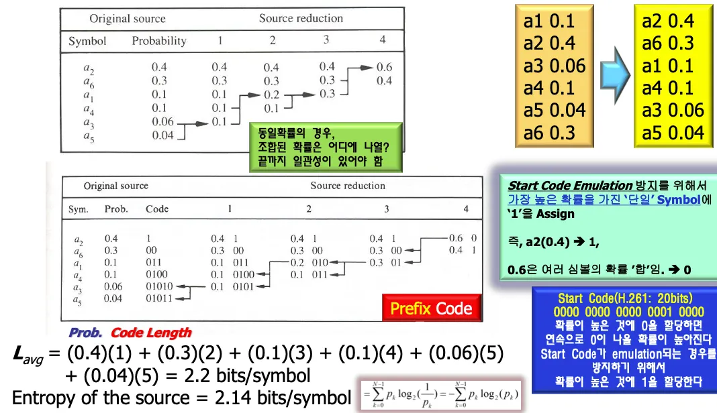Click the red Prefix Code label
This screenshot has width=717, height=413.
point(431,308)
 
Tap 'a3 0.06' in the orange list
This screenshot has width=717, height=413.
point(554,66)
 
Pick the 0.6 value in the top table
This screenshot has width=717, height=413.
point(384,67)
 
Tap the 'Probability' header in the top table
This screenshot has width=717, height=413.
point(159,41)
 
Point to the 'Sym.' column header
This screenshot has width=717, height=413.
point(79,209)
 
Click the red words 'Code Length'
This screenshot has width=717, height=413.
point(151,333)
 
